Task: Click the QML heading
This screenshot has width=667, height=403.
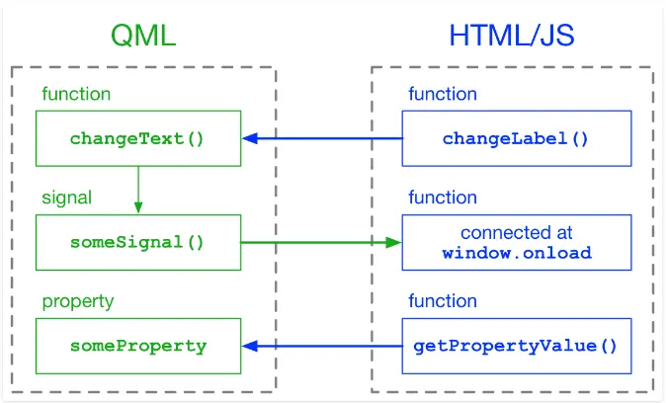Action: (143, 36)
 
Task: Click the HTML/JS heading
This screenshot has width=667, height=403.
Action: (512, 36)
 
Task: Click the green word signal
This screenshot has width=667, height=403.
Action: (67, 198)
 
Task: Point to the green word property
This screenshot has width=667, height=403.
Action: (78, 302)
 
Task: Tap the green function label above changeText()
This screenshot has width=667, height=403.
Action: (76, 94)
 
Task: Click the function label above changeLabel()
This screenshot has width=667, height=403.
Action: (443, 94)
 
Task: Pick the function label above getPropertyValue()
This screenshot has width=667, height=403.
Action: (443, 301)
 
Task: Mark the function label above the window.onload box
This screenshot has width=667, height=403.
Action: (443, 198)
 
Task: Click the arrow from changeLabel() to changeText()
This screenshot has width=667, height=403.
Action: (322, 138)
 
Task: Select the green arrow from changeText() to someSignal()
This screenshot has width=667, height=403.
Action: (138, 190)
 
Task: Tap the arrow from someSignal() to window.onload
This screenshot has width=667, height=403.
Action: (321, 242)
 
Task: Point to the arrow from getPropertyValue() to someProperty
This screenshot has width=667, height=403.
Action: (322, 346)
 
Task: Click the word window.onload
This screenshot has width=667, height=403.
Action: (517, 254)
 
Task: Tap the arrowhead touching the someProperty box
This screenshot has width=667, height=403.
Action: (250, 346)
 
